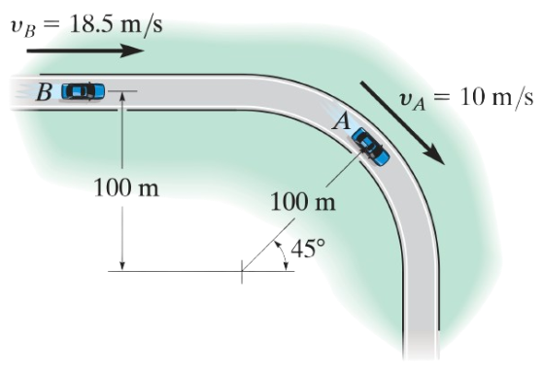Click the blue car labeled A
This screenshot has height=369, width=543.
pos(370,145)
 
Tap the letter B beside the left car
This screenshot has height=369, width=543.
pos(44,93)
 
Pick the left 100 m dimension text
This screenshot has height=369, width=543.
pos(127,186)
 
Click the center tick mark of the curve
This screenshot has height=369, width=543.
pos(242,271)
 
